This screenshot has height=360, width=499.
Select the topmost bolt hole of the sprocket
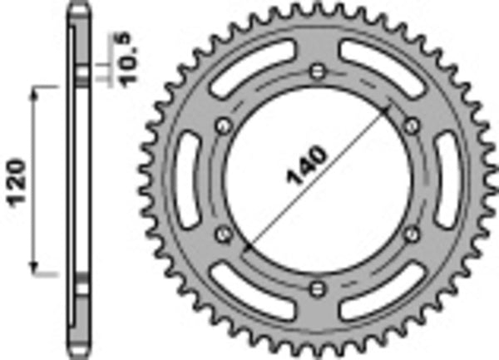317,70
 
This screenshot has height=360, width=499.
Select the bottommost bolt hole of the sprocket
317,288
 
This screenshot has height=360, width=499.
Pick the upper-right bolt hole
411,125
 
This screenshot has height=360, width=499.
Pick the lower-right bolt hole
411,234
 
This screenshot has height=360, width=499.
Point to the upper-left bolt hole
222,125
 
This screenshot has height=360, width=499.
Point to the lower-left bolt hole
222,234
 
